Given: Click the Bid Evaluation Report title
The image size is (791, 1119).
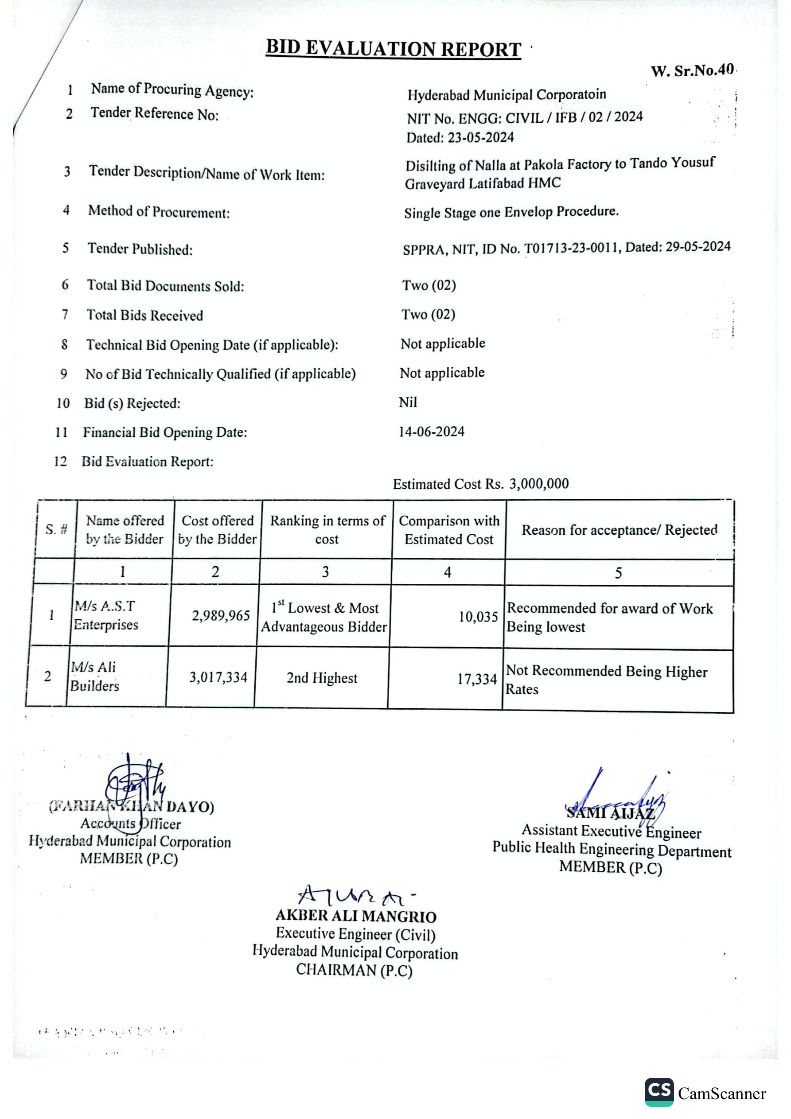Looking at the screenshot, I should (393, 49).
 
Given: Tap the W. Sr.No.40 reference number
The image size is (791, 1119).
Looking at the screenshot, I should (692, 71).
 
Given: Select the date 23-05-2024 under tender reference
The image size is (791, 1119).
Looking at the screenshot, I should (480, 137).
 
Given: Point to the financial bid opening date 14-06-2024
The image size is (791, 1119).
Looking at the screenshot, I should (431, 432).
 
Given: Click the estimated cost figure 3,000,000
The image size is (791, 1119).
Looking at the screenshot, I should (539, 484).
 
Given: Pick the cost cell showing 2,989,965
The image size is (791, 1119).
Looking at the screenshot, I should (220, 616).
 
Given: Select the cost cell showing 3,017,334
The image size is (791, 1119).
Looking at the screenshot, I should (218, 677).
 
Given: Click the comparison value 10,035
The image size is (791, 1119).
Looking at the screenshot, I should (478, 617).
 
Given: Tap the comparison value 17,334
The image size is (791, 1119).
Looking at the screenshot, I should (476, 679).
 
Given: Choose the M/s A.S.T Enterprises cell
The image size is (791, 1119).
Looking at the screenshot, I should (106, 615).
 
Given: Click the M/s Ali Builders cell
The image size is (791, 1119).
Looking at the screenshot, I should (94, 676).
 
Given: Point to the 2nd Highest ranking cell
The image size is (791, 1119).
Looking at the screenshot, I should (322, 678).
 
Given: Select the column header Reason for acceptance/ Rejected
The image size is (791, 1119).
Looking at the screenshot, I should (620, 530).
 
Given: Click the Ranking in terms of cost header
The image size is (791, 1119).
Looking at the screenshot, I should (327, 530).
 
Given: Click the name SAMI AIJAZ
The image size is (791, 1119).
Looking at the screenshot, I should (610, 813).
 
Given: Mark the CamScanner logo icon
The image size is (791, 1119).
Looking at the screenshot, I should (659, 1092).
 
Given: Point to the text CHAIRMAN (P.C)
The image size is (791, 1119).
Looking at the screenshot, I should (354, 970).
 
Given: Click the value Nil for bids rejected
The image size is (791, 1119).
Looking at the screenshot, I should (408, 403).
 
